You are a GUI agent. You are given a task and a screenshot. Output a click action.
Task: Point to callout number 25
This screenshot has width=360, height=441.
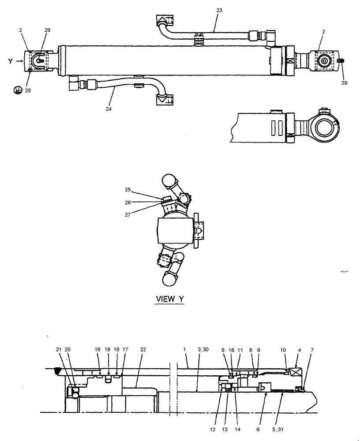pos(127,189)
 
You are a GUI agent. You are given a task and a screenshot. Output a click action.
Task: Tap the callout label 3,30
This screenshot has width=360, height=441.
pos(204,349)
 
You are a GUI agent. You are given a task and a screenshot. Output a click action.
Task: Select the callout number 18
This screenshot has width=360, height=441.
pos(107,349)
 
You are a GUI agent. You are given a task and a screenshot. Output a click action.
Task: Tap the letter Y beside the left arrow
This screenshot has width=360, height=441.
pos(9,61)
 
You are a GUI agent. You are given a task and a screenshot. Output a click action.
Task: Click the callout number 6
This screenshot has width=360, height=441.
pos(259,428)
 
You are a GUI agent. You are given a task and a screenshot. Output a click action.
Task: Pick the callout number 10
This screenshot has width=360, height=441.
pos(283,349)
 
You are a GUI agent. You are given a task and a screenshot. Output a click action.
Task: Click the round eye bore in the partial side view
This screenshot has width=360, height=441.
pos(326,127)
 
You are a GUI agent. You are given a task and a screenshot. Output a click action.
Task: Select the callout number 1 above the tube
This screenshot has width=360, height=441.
pos(184,349)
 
